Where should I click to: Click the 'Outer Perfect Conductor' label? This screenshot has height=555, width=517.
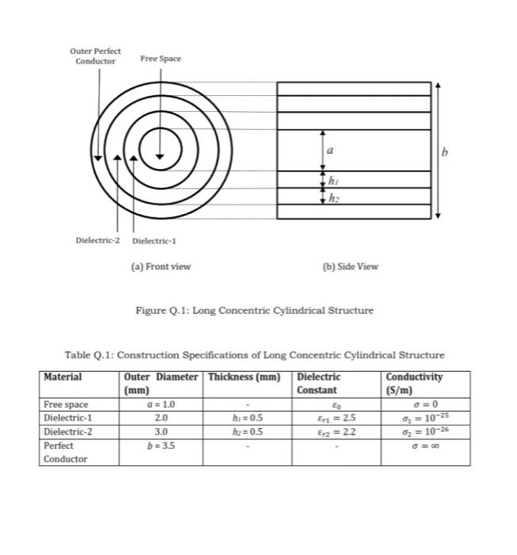(94, 56)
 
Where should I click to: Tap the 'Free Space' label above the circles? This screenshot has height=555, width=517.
(161, 59)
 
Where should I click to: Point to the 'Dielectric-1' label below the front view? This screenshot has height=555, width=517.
(154, 240)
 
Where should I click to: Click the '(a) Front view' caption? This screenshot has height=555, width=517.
(161, 266)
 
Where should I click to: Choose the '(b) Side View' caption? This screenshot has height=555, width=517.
(351, 266)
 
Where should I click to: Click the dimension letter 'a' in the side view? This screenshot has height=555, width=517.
(329, 149)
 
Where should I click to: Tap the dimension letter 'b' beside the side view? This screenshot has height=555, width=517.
(445, 151)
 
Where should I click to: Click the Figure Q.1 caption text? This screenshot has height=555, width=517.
(254, 310)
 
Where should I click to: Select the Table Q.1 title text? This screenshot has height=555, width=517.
(254, 354)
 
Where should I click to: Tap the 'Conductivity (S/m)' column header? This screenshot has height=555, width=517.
(413, 384)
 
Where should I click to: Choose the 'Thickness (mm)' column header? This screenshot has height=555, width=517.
(245, 377)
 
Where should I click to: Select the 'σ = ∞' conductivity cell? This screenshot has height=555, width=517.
(424, 446)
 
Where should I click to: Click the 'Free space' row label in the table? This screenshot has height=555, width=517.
(66, 404)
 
